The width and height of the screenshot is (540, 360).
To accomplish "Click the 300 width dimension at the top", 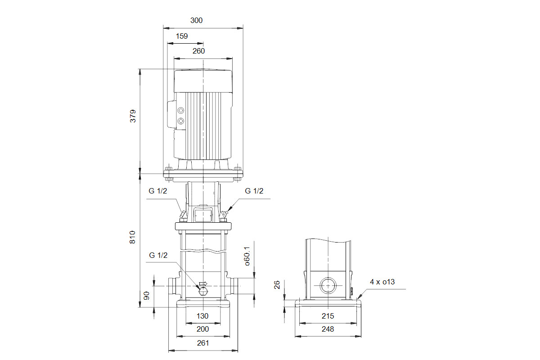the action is click(x=196, y=21).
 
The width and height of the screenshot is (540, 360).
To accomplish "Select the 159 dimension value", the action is click(x=181, y=36).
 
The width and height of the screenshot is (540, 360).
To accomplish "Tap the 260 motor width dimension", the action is click(x=198, y=51).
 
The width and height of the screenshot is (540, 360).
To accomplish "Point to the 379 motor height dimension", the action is click(x=133, y=116).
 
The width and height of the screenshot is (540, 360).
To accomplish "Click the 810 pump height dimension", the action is click(x=133, y=237).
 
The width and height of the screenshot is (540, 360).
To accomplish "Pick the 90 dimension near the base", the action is click(x=146, y=296).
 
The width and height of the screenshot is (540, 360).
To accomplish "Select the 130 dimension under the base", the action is click(x=202, y=316).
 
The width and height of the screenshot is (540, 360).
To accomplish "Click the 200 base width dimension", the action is click(x=202, y=329).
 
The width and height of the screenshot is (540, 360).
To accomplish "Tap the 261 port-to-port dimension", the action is click(x=203, y=343).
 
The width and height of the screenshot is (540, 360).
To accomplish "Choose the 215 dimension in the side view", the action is click(x=328, y=316).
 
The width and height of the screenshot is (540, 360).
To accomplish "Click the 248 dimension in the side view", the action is click(x=328, y=329).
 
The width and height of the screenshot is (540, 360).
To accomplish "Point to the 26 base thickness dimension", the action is click(x=277, y=284).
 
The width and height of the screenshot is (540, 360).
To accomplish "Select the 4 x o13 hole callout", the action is click(x=382, y=282).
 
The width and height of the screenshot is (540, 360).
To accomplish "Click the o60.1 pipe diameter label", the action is click(x=247, y=256).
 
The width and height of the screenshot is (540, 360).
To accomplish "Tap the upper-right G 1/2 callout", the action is click(x=254, y=191).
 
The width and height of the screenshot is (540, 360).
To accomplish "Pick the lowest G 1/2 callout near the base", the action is click(x=158, y=255).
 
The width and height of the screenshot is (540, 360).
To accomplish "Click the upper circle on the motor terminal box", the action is click(x=181, y=110).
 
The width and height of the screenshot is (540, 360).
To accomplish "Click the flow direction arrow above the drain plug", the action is click(x=203, y=283).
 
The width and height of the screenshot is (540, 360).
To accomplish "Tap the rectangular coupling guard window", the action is click(x=203, y=215).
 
